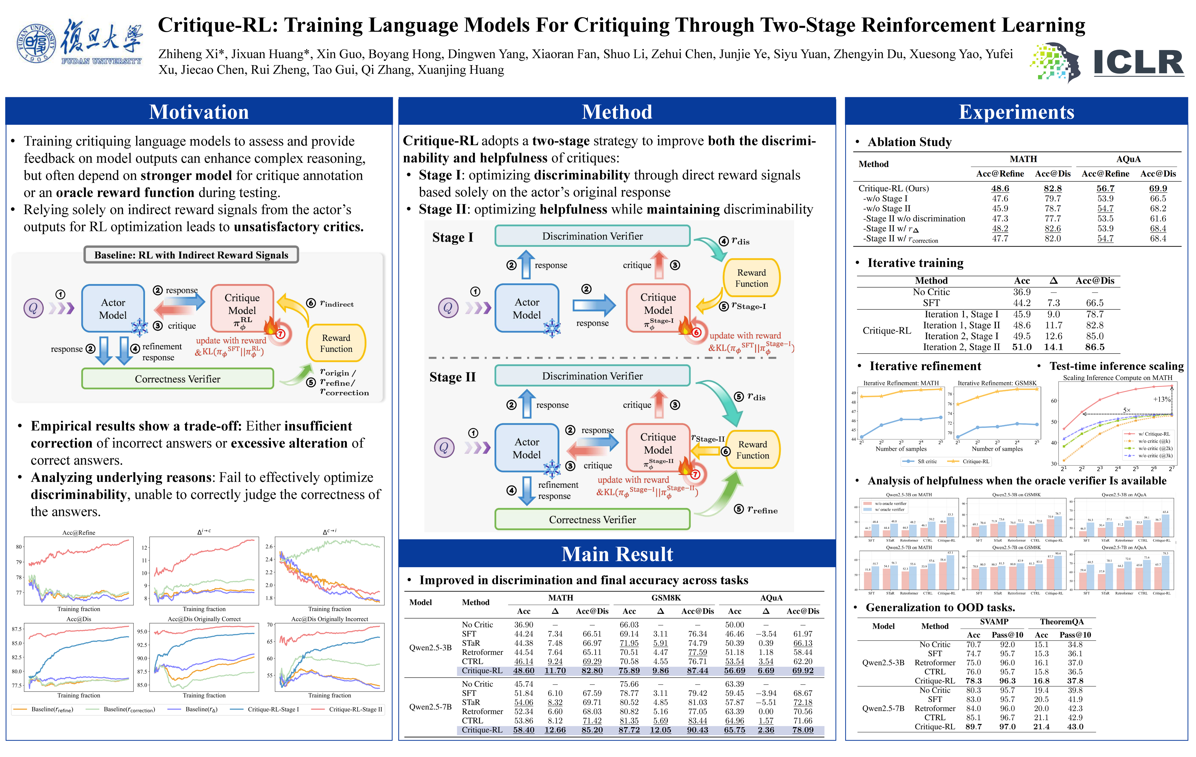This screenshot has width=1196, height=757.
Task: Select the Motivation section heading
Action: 199,112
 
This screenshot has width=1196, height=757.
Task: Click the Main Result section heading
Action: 617,554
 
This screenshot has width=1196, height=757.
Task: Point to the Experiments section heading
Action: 1016,112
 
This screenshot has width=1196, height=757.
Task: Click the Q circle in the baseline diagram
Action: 33,308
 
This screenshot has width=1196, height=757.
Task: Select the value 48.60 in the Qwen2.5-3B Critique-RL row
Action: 523,671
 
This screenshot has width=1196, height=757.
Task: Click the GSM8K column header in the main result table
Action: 666,597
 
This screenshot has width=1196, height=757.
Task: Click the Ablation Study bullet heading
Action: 909,142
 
